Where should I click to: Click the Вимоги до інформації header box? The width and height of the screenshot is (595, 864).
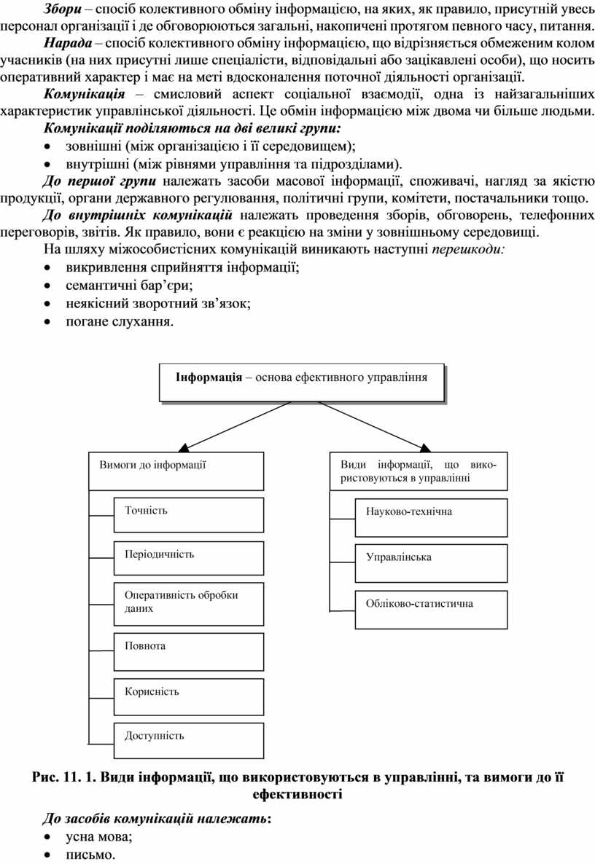coord(176,471)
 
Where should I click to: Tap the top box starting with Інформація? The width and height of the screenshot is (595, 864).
coord(301,382)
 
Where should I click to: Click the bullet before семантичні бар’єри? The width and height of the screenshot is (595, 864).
coord(48,286)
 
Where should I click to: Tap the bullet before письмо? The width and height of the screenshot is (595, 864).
coord(48,856)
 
